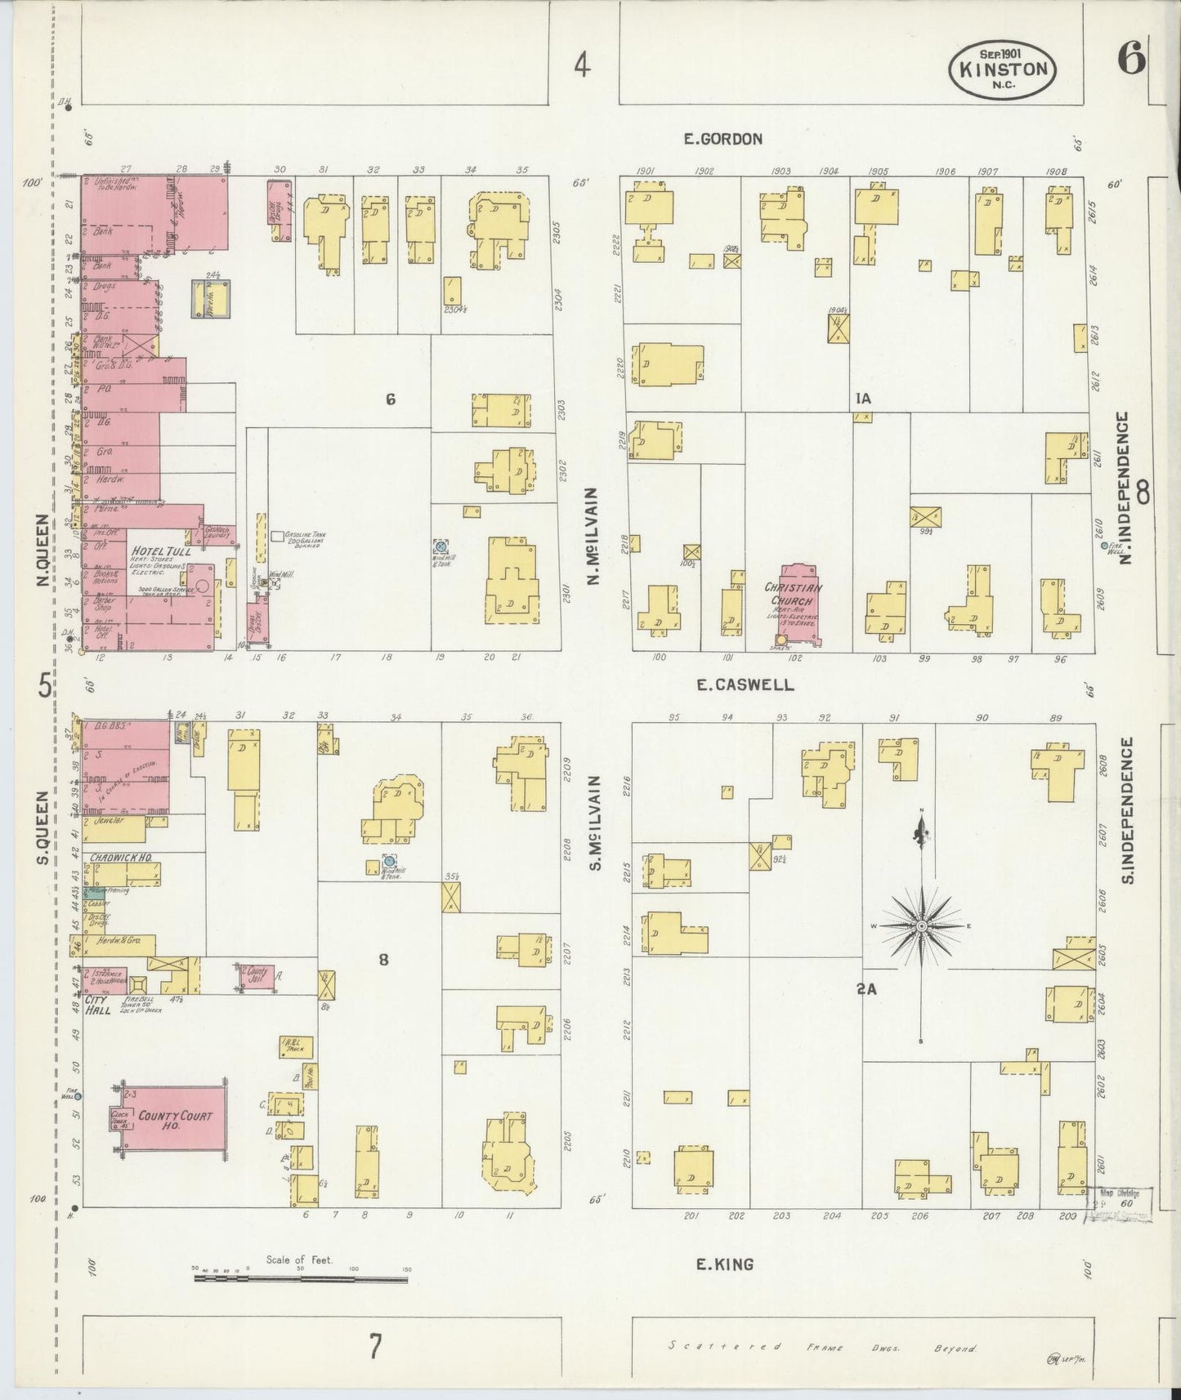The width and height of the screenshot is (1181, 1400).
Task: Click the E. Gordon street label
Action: pos(722,139)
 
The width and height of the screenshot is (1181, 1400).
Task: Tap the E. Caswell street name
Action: pos(744,685)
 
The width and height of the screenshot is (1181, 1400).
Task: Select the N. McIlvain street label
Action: pos(594,536)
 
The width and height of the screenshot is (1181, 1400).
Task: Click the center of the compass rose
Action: pos(921,925)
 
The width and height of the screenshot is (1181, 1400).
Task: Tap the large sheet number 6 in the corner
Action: pos(1131,62)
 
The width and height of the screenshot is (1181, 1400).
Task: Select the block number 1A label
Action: pos(863,399)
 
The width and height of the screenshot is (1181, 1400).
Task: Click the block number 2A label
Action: pos(866,989)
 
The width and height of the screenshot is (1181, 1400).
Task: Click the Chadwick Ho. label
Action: pos(119,858)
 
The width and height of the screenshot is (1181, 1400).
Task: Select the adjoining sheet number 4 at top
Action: pos(581,65)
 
